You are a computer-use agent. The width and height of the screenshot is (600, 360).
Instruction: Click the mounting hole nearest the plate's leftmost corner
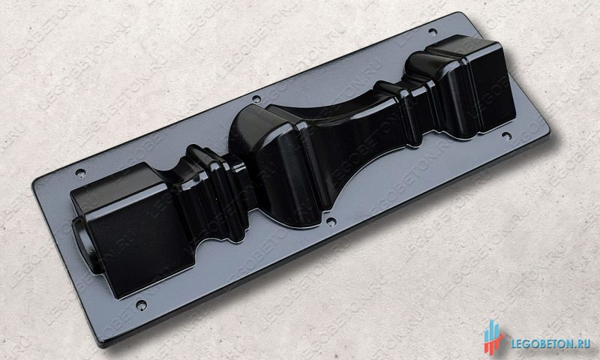pos(80,173)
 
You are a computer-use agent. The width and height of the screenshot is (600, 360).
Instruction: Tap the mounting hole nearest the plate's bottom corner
pos(141,305)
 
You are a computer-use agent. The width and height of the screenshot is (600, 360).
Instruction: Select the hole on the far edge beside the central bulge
pos(256,99)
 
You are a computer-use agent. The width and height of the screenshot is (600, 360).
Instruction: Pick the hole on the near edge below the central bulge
pos(331,221)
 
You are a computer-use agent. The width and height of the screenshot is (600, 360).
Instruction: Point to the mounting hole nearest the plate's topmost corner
pos(433,31)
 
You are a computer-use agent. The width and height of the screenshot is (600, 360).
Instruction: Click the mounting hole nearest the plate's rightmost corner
pos(507,136)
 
